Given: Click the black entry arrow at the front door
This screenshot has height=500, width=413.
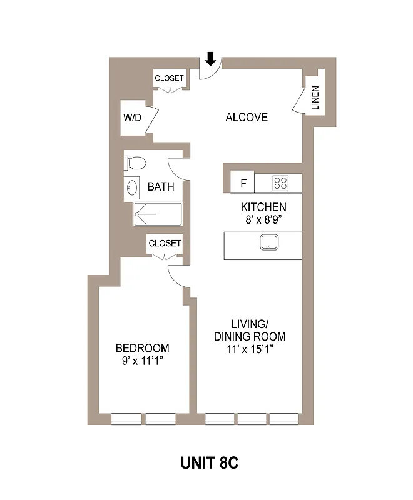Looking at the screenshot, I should click(211, 59).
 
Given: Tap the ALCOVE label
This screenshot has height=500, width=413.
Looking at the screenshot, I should click(247, 117).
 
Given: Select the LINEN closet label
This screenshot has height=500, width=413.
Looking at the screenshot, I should click(315, 99).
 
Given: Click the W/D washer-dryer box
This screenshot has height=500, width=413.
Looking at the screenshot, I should click(132, 117).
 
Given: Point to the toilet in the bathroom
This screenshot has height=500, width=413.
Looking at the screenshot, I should click(135, 163).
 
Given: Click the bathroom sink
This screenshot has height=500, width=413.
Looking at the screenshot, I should click(132, 187).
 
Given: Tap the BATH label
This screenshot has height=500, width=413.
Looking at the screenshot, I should click(160, 186).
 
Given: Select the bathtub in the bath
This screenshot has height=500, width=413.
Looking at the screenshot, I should click(158, 214).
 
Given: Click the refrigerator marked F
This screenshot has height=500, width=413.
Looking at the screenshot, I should click(243, 183).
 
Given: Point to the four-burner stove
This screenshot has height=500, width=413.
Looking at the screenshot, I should click(281, 183).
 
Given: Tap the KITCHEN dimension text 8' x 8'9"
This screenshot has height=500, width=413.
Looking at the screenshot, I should click(263, 220).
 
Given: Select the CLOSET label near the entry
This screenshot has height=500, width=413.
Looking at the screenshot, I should click(170, 78).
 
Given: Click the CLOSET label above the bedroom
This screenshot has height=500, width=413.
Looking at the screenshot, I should click(165, 243).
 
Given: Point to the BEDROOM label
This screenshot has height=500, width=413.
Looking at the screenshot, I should click(142, 348).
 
